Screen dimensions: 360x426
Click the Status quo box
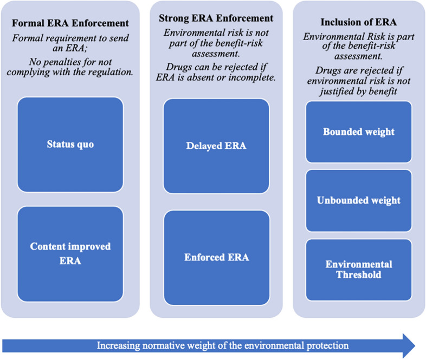pos(70,145)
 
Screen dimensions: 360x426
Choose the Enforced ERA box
pos(216,257)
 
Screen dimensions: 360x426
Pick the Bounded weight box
pos(358,132)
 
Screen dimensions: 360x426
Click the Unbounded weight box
pos(358,200)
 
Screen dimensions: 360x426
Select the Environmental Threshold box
pos(358,269)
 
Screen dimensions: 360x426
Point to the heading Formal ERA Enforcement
pos(70,23)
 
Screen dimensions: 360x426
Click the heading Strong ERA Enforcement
pos(216,18)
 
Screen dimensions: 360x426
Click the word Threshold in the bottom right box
pos(358,274)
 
